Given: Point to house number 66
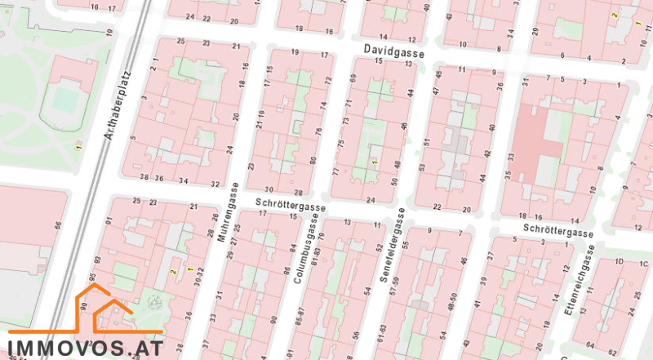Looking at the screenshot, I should [58, 225].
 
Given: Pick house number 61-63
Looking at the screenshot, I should [382, 333].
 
